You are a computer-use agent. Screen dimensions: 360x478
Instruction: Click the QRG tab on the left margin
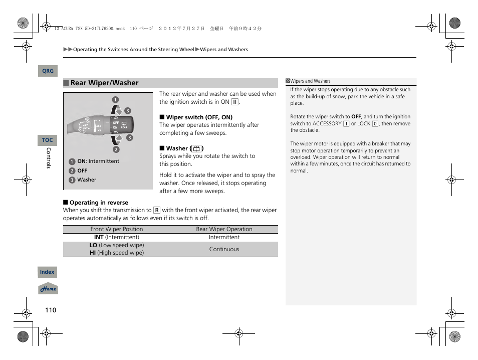[x=48, y=71]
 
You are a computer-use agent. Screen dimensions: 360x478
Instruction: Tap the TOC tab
[x=47, y=140]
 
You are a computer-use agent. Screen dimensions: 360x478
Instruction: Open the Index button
[x=47, y=272]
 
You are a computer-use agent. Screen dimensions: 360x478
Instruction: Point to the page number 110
[x=51, y=310]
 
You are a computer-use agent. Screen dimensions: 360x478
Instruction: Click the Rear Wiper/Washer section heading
[x=104, y=83]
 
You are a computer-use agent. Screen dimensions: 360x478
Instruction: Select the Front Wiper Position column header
[x=117, y=229]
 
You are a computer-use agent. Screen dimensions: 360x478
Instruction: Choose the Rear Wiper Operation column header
[x=224, y=229]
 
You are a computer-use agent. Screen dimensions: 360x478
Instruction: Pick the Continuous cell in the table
[x=224, y=249]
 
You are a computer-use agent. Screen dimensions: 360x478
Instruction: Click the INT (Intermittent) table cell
[x=117, y=237]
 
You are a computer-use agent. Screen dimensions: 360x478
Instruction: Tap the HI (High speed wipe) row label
[x=117, y=253]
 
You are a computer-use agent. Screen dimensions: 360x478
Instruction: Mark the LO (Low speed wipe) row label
[x=117, y=245]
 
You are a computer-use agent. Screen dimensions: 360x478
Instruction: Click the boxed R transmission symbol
[x=157, y=211]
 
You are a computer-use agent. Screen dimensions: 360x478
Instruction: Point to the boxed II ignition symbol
[x=234, y=102]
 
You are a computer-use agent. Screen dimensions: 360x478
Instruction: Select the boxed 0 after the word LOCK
[x=375, y=123]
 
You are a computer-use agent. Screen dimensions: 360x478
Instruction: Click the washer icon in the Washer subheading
[x=196, y=148]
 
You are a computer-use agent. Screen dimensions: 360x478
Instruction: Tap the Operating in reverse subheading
[x=99, y=203]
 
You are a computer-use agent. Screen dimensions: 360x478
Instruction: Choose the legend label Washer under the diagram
[x=87, y=179]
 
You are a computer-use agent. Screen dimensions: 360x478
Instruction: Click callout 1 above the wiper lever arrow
[x=115, y=99]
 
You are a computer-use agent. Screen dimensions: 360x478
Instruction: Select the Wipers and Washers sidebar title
[x=311, y=81]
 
